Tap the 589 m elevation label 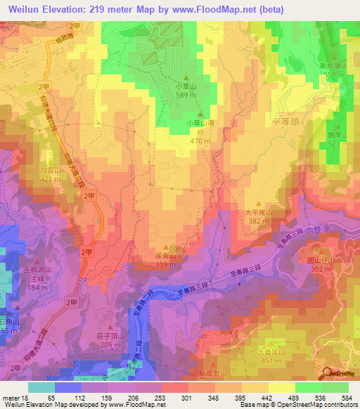point(186,96)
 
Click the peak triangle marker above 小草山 point(186,78)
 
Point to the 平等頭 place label point(265,122)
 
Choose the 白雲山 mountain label point(49,171)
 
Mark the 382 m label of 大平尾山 point(257,221)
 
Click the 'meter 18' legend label point(15,398)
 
